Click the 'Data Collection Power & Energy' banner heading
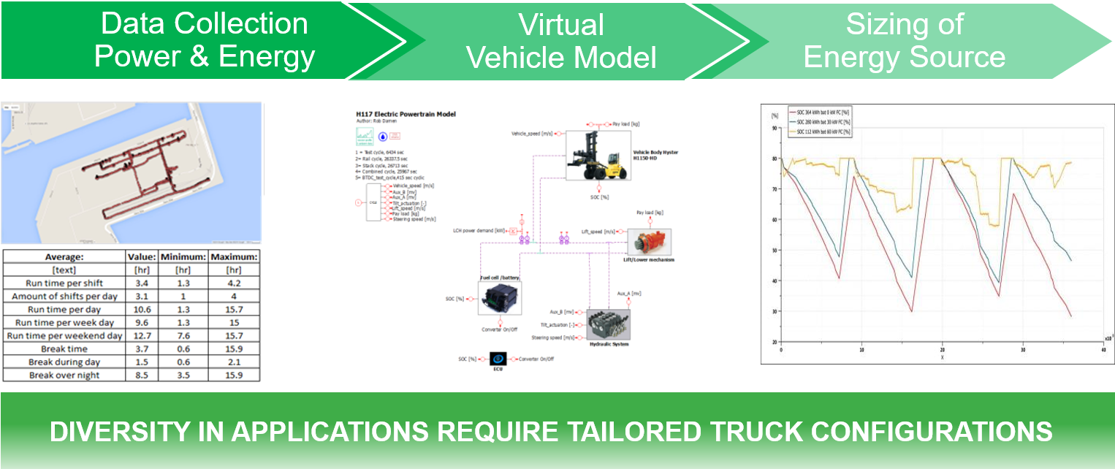[205, 39]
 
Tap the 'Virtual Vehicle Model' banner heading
[561, 39]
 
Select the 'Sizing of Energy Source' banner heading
[904, 39]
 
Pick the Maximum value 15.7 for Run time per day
[234, 309]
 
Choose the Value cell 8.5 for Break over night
[142, 375]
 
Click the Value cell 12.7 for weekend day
[142, 335]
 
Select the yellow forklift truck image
[598, 154]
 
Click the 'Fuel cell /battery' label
[500, 278]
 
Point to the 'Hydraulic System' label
[609, 343]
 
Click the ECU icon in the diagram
[498, 359]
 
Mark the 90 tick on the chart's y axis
[774, 129]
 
